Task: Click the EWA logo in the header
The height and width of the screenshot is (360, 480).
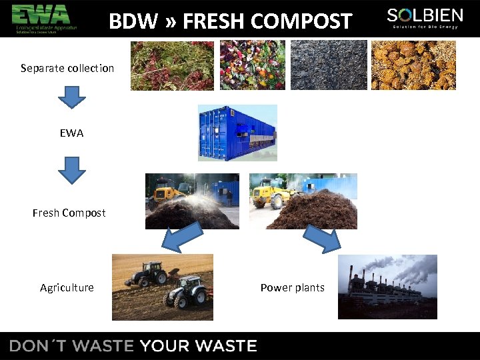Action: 44,18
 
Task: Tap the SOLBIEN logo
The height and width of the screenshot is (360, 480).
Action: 424,18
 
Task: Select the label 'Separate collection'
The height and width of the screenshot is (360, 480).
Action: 67,68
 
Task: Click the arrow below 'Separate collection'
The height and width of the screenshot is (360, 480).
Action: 71,97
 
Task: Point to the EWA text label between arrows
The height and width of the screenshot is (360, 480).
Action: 71,133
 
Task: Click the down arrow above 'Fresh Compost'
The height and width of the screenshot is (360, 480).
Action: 71,170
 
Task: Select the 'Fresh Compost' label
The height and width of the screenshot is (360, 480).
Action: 69,213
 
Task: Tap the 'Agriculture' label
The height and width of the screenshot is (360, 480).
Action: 67,288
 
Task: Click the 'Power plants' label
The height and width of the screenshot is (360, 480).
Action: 292,288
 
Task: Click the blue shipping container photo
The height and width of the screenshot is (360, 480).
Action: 237,133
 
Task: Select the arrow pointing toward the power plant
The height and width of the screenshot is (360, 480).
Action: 321,238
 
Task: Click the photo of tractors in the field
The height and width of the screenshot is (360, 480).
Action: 163,287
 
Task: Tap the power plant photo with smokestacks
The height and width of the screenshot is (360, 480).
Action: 387,287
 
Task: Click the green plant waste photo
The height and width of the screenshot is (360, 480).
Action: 172,65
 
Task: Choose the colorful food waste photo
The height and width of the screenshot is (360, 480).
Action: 252,65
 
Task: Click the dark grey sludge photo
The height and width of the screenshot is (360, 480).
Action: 328,65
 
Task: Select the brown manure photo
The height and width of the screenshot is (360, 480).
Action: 413,65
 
